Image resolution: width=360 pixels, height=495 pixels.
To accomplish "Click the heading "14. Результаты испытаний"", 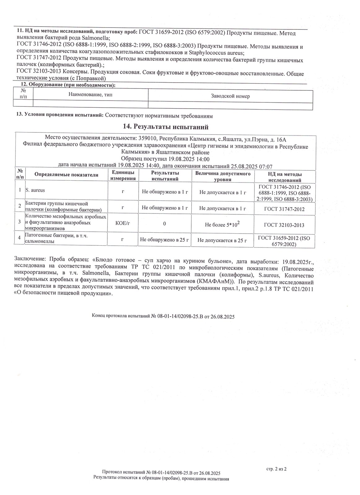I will coord(166,127).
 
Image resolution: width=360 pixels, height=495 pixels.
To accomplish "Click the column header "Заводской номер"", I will coord(230,96).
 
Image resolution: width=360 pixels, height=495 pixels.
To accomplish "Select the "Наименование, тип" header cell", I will coord(90,95).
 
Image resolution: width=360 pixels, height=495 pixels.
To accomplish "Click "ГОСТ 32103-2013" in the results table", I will coord(284,225).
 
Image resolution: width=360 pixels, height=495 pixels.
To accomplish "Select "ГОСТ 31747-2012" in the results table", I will coord(284,209).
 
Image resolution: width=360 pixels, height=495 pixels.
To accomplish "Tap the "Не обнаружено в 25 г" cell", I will coord(165,239).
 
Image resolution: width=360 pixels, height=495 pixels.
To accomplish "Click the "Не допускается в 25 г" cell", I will coord(222,240).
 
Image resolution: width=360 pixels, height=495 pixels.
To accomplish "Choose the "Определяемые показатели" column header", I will coord(66,175).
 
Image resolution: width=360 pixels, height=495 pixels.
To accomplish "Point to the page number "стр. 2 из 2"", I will coord(277,469).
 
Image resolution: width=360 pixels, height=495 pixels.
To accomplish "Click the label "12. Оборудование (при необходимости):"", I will coord(68,85).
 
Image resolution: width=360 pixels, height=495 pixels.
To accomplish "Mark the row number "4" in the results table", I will coord(20,238).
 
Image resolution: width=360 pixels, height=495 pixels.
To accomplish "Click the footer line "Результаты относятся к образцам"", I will coord(161,479).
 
